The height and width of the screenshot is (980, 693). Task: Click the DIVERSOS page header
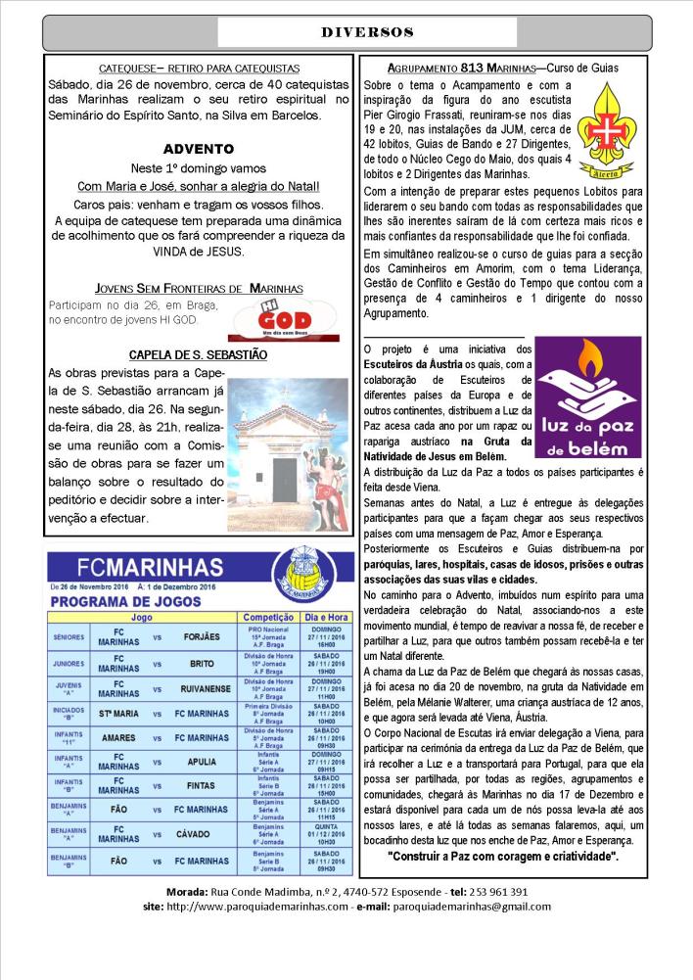(x=367, y=32)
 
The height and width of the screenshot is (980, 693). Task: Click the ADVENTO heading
(x=199, y=150)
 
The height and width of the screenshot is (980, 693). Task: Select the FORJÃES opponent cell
(x=202, y=636)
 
